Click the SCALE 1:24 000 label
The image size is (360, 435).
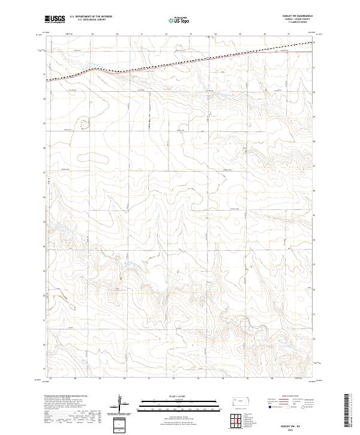click(172, 395)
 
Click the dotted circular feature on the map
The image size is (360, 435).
click(85, 124)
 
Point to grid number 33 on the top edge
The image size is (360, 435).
click(190, 34)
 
